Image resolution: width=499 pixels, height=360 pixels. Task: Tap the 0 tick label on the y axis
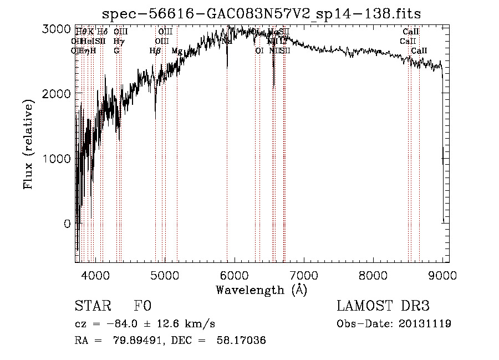(67, 224)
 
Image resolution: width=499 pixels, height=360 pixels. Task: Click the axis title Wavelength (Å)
(261, 290)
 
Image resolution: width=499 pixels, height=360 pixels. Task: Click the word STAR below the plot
(92, 306)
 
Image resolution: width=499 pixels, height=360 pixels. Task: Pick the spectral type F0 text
(142, 306)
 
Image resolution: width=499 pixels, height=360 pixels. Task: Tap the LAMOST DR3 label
(383, 306)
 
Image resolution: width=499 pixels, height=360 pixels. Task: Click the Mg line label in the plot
(176, 51)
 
